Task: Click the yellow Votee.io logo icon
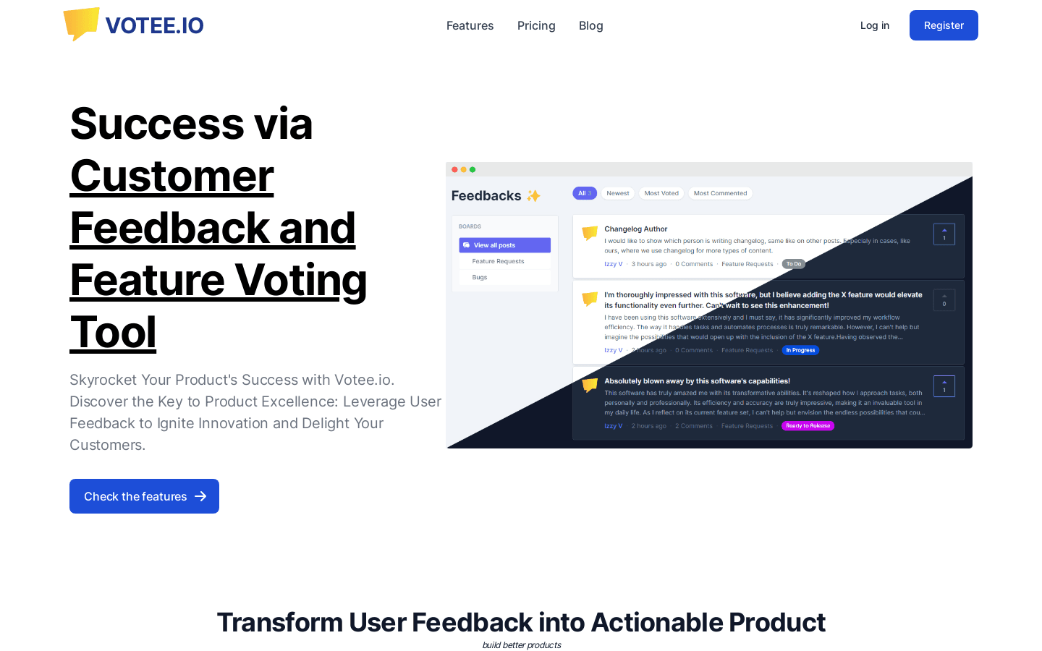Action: point(81,24)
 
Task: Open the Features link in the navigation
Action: point(470,25)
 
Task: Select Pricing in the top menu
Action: point(536,25)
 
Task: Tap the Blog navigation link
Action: point(590,25)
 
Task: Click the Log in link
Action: point(874,25)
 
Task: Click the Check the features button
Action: point(144,496)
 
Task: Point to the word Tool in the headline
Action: point(113,332)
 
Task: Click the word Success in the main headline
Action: point(156,124)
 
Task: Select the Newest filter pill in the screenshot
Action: point(617,193)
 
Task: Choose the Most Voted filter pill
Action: point(661,193)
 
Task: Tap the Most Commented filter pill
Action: point(720,193)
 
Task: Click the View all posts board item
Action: point(504,245)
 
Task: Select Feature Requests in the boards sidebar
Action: point(498,261)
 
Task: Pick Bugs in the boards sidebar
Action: point(480,277)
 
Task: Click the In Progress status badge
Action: point(800,350)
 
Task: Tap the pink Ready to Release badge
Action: point(808,426)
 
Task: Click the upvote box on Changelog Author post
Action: point(944,234)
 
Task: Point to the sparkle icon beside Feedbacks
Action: point(533,195)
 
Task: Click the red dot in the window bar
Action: point(454,169)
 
